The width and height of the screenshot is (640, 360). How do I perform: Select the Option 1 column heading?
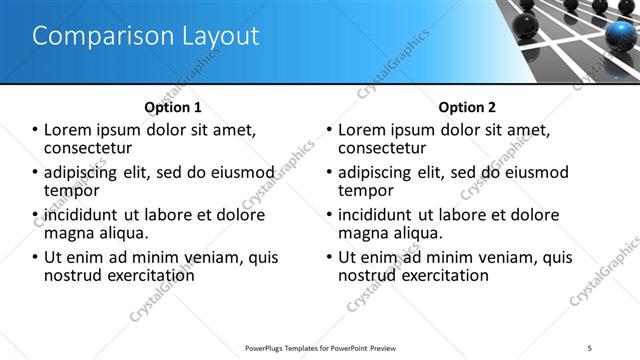pos(173,107)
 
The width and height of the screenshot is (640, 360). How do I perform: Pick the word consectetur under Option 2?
pos(382,147)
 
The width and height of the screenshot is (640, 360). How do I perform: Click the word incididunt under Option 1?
pos(81,215)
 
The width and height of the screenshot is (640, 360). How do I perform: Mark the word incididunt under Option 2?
pos(375,215)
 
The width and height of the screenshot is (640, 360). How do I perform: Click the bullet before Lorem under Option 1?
pos(35,130)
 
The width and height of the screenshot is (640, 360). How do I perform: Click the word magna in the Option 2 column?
pos(365,233)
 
